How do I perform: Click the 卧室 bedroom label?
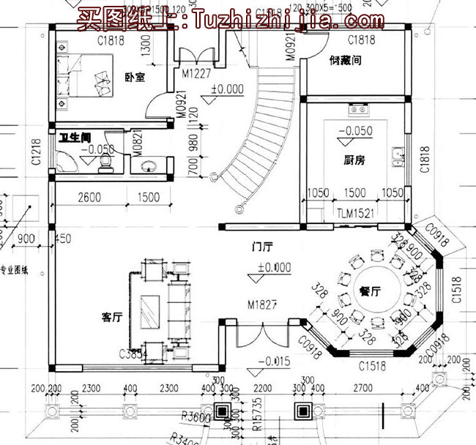coord(134,75)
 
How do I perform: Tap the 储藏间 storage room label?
coord(345,61)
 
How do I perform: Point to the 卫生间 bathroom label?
coord(74,135)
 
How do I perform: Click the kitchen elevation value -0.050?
coord(355,132)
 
